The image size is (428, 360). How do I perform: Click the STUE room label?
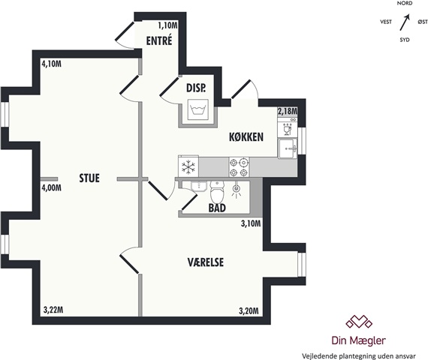pos(89,178)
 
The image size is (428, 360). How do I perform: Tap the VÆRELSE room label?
pos(206,262)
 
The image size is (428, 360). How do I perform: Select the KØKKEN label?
pos(246,136)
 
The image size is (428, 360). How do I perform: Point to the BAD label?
pos(217,208)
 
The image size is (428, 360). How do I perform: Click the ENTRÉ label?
pos(159,40)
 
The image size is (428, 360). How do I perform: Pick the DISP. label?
pos(196,88)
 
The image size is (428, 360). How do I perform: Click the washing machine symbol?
pos(198,109)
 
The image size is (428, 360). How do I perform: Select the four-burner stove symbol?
pos(239,167)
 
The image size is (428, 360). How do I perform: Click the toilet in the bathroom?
pos(217,190)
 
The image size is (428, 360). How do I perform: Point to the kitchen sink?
pos(288,148)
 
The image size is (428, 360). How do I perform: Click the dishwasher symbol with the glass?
pos(287,129)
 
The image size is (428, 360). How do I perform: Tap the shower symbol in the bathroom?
pos(236,190)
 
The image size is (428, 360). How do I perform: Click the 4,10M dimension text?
pos(51,64)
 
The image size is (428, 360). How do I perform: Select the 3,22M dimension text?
pos(53,310)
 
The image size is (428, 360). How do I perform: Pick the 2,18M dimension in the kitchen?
pos(288,111)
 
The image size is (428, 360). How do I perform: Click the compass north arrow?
pos(405,22)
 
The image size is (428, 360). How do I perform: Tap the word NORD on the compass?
pos(405,3)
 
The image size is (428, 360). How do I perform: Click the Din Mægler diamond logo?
pos(359,321)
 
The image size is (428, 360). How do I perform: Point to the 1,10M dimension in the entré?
pos(168,25)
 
